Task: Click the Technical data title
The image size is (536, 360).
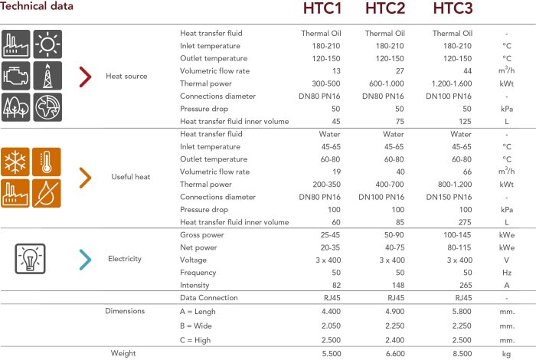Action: pyautogui.click(x=38, y=7)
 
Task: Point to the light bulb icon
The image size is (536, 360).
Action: pyautogui.click(x=31, y=258)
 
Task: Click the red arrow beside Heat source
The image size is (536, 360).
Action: pyautogui.click(x=86, y=76)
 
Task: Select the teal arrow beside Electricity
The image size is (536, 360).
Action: pyautogui.click(x=86, y=259)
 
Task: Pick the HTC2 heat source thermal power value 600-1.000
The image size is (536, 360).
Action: pyautogui.click(x=384, y=83)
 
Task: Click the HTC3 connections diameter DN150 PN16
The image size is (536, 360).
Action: pyautogui.click(x=452, y=197)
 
